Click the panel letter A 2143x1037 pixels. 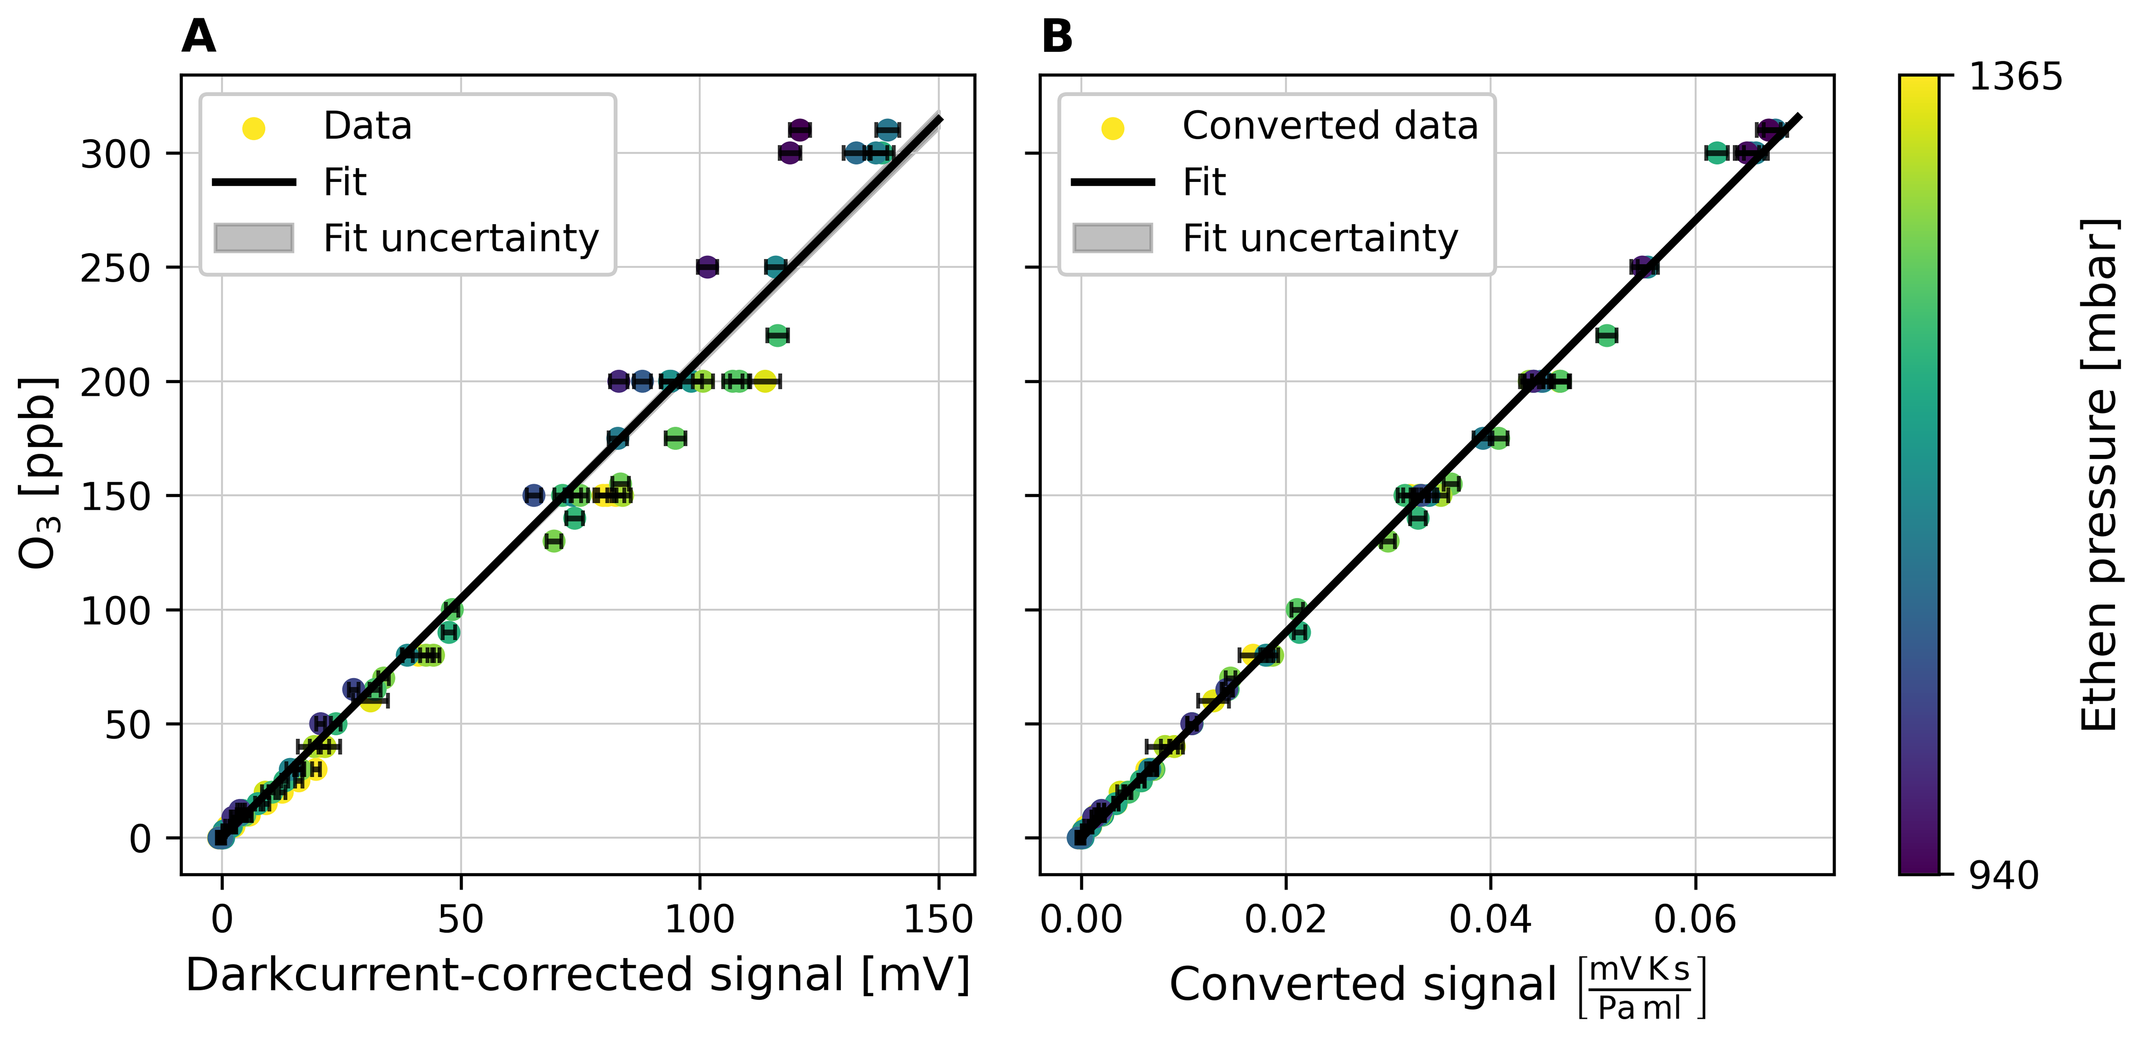[199, 37]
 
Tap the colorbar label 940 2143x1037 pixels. [2003, 876]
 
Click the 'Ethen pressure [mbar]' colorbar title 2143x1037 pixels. [2098, 474]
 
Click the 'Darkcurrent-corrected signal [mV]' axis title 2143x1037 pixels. [577, 975]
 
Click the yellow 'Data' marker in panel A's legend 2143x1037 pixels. [254, 128]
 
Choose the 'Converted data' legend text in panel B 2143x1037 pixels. [1330, 126]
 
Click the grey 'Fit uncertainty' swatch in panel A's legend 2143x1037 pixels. [254, 238]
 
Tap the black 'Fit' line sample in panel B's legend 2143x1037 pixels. [1112, 181]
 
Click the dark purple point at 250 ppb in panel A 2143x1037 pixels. [707, 267]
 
